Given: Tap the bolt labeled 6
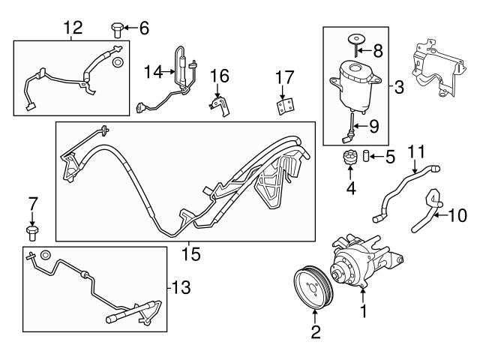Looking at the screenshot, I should [x=116, y=30].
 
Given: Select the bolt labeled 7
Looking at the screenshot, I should [x=31, y=230].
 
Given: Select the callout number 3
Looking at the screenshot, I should [x=398, y=88].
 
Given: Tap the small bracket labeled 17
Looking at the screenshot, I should [x=283, y=106].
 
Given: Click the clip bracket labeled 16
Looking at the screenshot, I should [x=220, y=103].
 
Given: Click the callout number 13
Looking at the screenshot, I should [x=181, y=287].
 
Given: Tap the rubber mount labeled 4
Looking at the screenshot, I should [x=349, y=160].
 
